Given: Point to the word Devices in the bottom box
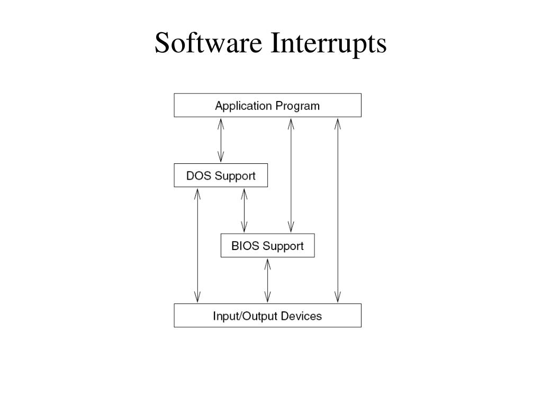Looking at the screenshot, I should (x=301, y=316).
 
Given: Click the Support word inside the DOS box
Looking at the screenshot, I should (x=234, y=176).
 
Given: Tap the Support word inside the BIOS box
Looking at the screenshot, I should (x=283, y=246).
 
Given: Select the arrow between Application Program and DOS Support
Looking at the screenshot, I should (x=221, y=140).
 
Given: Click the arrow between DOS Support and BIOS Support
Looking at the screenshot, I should (x=244, y=210).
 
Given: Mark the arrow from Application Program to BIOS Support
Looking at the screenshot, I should (x=291, y=175).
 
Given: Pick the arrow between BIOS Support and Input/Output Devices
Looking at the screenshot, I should (x=267, y=280).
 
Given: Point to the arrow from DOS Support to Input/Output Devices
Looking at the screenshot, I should (x=197, y=245).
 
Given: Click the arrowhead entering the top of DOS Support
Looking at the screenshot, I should (x=221, y=157).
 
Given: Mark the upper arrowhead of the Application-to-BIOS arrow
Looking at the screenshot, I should (x=291, y=124).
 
